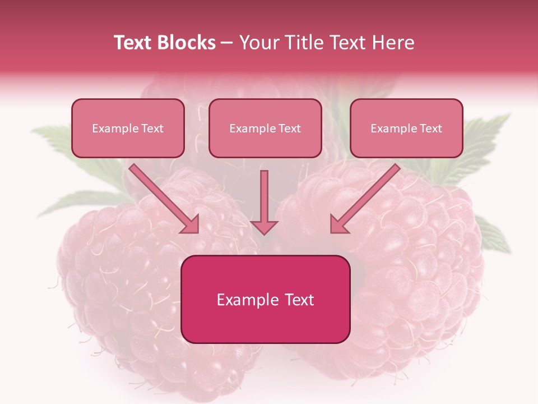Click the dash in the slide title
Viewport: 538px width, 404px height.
click(227, 43)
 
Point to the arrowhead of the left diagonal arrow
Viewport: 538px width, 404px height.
click(191, 225)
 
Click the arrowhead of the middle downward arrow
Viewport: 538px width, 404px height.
click(264, 227)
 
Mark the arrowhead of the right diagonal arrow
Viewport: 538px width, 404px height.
click(337, 225)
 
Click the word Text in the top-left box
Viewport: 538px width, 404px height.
click(152, 128)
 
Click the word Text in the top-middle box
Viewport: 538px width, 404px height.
click(289, 128)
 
